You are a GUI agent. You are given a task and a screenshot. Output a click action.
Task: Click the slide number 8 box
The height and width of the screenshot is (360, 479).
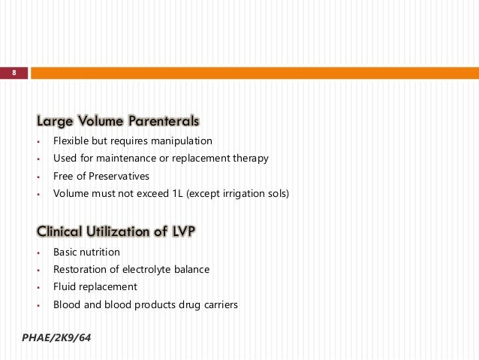click(14, 73)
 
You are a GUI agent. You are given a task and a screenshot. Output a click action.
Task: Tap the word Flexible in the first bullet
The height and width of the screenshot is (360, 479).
click(71, 141)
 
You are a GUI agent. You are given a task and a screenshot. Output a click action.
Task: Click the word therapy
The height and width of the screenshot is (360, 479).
click(249, 159)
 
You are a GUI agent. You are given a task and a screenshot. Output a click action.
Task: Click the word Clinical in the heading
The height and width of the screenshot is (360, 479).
click(59, 231)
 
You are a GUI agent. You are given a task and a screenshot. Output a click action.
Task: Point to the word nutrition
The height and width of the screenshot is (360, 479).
click(100, 252)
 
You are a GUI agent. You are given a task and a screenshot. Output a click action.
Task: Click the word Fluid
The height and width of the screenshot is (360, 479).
click(65, 286)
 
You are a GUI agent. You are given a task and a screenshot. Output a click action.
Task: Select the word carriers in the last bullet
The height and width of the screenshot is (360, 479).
click(217, 304)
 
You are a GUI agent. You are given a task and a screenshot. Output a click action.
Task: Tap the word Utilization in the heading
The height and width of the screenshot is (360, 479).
click(122, 231)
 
